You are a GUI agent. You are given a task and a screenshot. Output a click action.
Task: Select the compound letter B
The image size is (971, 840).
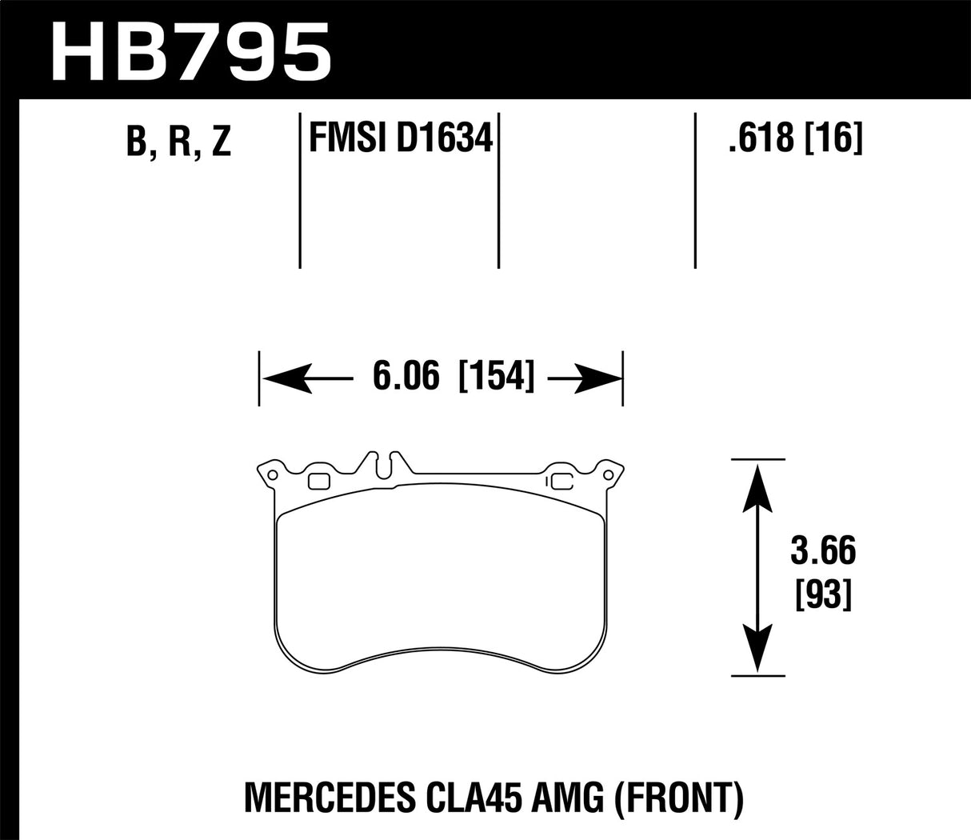pyautogui.click(x=136, y=142)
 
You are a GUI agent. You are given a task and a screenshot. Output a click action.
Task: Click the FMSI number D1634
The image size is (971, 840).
pyautogui.click(x=444, y=139)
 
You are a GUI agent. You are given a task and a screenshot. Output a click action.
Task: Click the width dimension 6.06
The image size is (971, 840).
pyautogui.click(x=406, y=377)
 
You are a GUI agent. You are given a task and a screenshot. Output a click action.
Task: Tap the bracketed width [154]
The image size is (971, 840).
pyautogui.click(x=496, y=377)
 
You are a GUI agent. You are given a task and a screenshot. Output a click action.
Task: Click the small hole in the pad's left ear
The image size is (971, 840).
pyautogui.click(x=273, y=475)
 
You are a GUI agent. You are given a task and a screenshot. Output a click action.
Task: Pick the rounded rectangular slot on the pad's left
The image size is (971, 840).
pyautogui.click(x=319, y=481)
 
